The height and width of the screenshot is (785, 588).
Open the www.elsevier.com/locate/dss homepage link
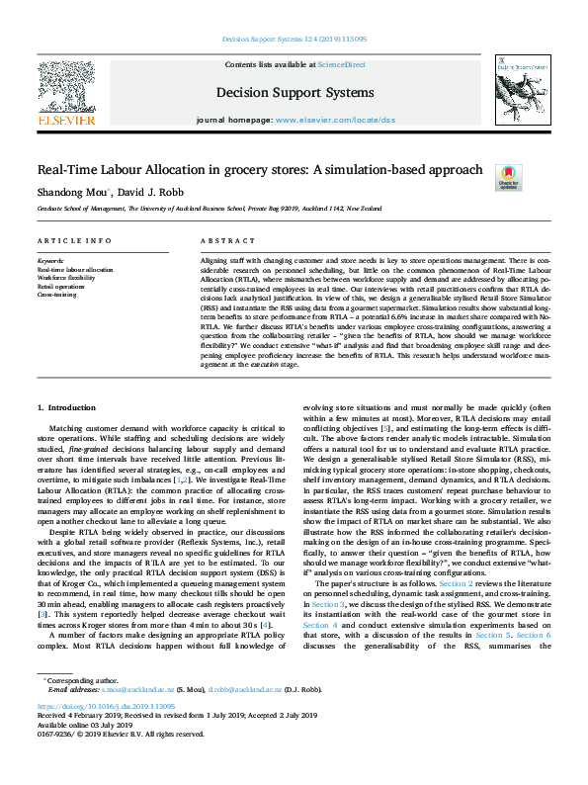(x=334, y=119)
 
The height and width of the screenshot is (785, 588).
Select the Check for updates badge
(x=508, y=176)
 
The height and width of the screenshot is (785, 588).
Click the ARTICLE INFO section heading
(x=74, y=241)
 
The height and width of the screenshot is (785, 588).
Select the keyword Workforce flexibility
(x=66, y=278)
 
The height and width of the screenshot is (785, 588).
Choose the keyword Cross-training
(x=56, y=294)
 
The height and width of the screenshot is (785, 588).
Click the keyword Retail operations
(x=62, y=286)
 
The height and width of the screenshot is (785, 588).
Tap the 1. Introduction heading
(x=67, y=407)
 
